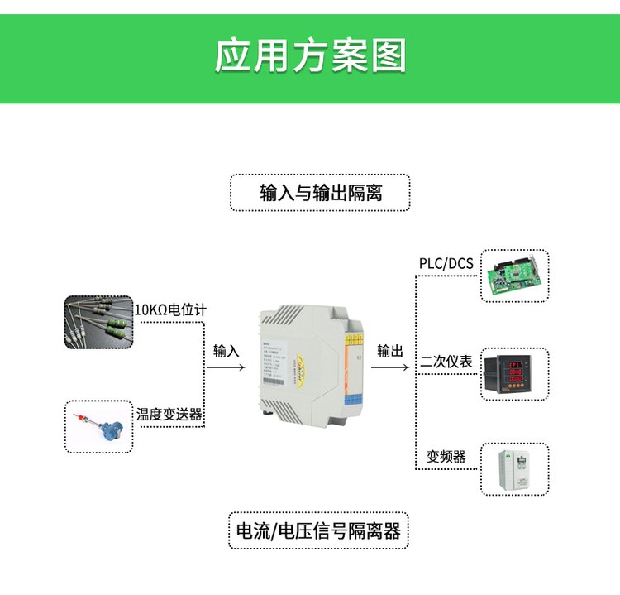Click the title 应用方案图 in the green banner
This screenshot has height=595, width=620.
point(310,55)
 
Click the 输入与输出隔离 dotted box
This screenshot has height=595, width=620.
point(320,193)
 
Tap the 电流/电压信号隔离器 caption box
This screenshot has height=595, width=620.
point(318,530)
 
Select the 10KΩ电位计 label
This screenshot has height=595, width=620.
point(170,309)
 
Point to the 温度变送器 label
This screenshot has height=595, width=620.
point(169,414)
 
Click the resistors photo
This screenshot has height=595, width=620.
point(99,322)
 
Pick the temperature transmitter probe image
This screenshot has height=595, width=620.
point(99,426)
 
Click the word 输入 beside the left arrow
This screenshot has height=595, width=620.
point(226,351)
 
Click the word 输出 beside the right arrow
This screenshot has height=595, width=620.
point(390,351)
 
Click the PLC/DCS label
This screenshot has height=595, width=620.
point(446,264)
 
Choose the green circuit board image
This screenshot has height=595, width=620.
point(515,276)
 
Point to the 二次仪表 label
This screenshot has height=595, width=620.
point(446,362)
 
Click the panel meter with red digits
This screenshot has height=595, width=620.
point(515,373)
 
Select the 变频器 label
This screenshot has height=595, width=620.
point(446,457)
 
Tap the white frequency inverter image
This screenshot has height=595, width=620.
point(515,469)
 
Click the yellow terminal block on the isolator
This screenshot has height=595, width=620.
point(352,338)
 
